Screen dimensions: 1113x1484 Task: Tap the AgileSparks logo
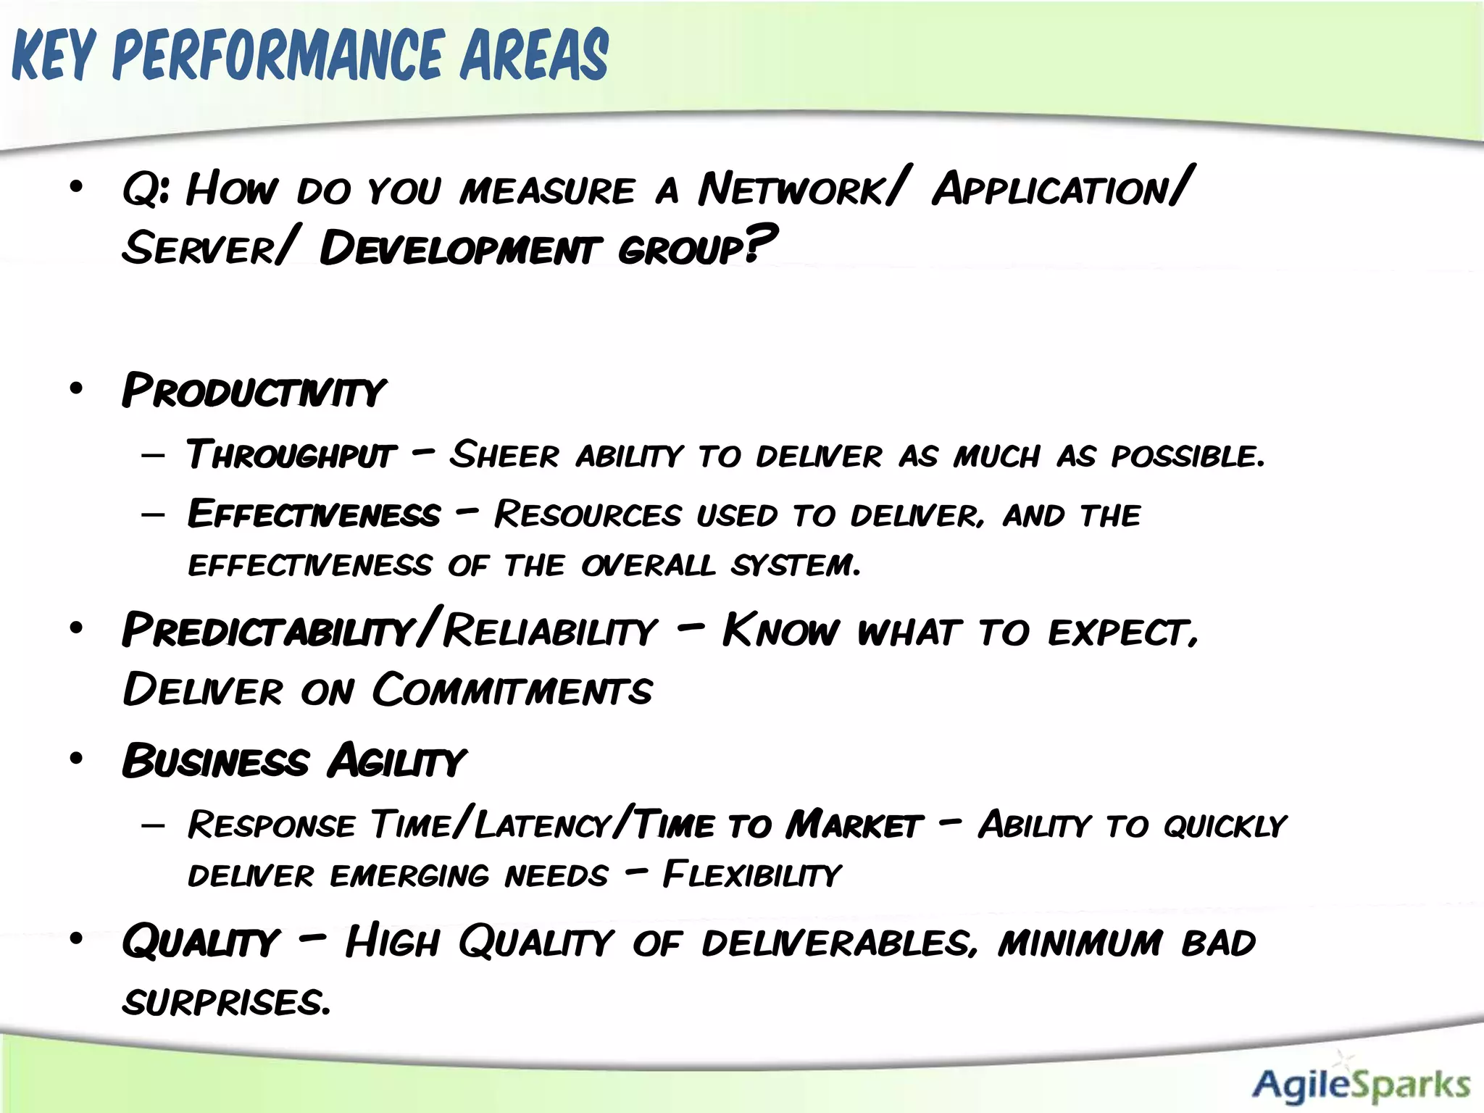(1361, 1084)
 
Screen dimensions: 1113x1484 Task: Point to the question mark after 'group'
(761, 243)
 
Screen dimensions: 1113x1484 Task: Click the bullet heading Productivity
(253, 391)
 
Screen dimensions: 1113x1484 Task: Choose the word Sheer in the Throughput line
(504, 456)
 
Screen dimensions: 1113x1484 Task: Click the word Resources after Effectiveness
(588, 515)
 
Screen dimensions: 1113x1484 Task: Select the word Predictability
(267, 630)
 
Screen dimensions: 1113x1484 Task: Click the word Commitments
(512, 690)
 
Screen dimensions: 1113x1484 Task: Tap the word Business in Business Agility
(215, 762)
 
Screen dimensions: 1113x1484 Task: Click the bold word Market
(854, 825)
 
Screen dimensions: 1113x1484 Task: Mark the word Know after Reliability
(780, 630)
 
